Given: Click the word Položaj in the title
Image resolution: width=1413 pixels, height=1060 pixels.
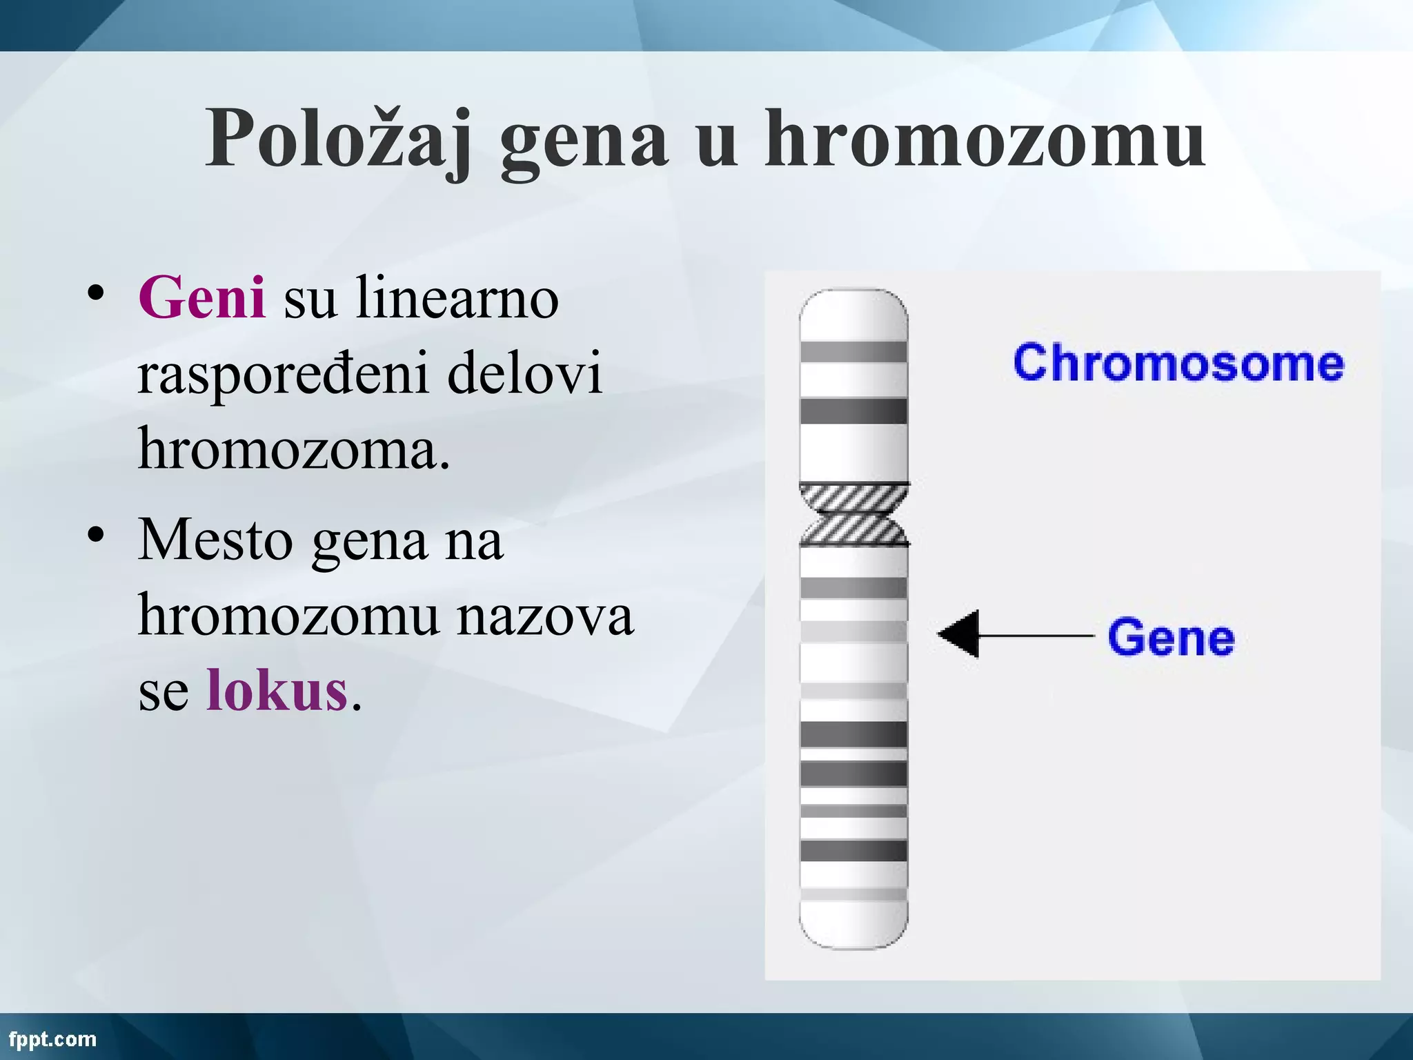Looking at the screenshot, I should point(338,140).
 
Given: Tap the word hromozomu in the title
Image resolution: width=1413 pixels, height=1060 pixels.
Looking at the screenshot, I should point(985,140).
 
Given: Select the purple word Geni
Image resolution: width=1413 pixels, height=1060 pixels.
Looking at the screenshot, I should point(201,298).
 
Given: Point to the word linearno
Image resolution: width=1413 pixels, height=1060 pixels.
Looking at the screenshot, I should point(456,298).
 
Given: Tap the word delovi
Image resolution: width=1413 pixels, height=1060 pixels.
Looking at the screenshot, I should point(524,373).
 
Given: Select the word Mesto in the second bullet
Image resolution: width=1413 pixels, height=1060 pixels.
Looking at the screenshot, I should point(215,540).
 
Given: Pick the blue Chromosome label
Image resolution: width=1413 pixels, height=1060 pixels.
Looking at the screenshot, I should point(1178,363).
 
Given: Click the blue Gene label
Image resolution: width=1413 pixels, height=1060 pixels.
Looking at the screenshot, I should point(1171,637).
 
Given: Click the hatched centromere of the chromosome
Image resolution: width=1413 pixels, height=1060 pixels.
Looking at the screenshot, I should point(853,514).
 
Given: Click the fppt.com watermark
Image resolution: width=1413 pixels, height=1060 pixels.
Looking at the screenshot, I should point(52,1039).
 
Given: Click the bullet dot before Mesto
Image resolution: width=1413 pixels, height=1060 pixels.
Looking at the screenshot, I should point(96,535).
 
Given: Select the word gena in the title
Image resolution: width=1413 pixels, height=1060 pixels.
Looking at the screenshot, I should point(584,140).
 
